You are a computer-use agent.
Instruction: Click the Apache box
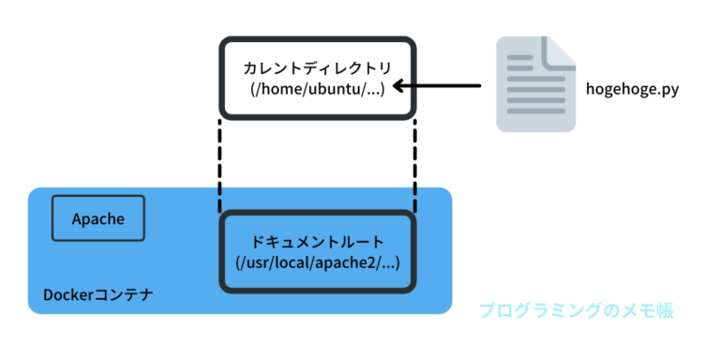(98, 219)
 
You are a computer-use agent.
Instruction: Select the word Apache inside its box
(98, 219)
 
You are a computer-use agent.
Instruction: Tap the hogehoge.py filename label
(632, 90)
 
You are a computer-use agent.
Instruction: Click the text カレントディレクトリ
(318, 68)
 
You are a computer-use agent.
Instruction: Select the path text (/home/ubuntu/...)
(318, 89)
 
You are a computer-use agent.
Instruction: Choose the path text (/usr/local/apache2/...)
(318, 262)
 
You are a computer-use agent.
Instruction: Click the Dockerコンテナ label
(98, 295)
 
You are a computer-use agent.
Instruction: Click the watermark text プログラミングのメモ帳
(576, 310)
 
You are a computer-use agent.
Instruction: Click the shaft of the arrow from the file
(445, 87)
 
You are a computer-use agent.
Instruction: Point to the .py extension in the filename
(667, 91)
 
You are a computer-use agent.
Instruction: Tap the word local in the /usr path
(294, 262)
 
